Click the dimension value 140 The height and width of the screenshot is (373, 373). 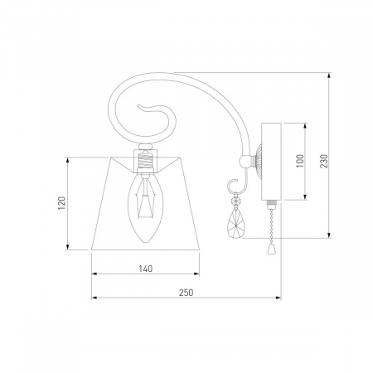pos(146,269)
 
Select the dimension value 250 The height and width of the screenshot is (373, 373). pos(186,293)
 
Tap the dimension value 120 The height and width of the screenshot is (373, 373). pos(62,203)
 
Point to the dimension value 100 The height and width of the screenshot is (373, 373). pos(300,161)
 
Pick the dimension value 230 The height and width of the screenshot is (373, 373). pos(324,161)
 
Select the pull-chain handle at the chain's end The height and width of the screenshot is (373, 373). pos(272,249)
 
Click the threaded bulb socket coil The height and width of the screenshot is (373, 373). pos(145,161)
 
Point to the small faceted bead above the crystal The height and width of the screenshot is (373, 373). pos(235,200)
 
